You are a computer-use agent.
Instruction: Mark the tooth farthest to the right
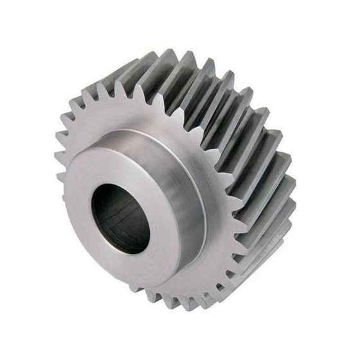point(292,186)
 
